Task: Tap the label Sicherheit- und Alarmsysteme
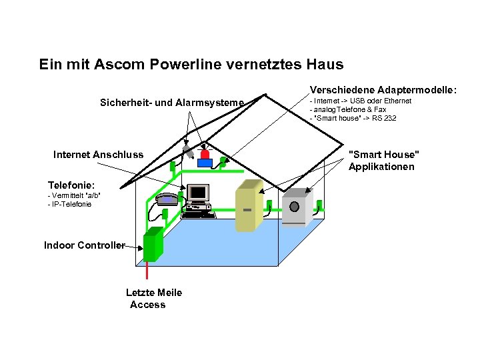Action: click(x=172, y=103)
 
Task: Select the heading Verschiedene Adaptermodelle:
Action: click(x=383, y=89)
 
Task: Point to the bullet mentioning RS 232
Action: click(x=353, y=118)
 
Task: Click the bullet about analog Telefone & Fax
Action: click(x=349, y=109)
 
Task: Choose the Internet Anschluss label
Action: click(x=98, y=155)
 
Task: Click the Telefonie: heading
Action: click(x=71, y=185)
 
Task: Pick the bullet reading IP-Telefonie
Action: click(x=70, y=204)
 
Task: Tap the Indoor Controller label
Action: click(x=84, y=245)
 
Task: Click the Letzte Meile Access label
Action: click(x=153, y=299)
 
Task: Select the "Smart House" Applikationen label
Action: click(x=383, y=161)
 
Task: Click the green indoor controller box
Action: click(x=153, y=244)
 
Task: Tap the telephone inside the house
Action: click(x=166, y=199)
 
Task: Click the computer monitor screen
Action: click(x=198, y=193)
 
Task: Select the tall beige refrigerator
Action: click(x=245, y=209)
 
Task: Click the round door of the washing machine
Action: click(x=294, y=206)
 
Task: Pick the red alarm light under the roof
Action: click(x=205, y=154)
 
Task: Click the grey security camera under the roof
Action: click(x=189, y=149)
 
